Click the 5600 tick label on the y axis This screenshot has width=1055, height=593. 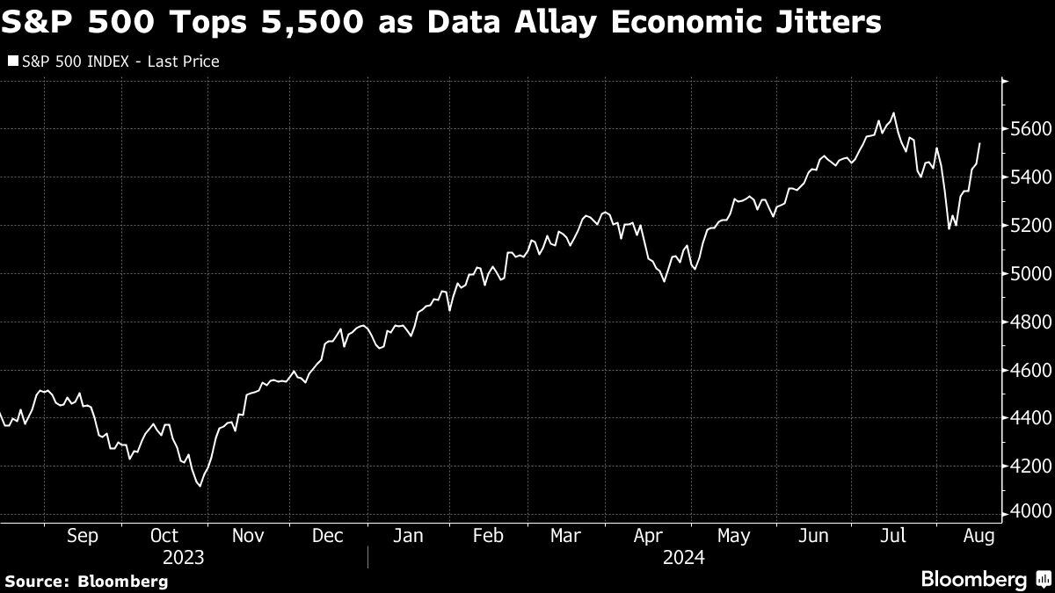click(x=1027, y=129)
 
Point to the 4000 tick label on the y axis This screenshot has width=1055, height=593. click(x=1027, y=512)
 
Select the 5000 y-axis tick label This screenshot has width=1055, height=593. click(x=1027, y=273)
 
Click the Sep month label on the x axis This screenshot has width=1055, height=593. click(x=82, y=535)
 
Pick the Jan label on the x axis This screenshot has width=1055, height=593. click(x=408, y=535)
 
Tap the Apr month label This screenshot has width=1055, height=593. click(x=649, y=535)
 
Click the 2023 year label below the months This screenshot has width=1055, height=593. click(x=184, y=557)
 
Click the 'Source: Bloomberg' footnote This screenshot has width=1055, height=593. click(x=86, y=581)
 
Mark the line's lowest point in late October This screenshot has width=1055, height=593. click(x=200, y=486)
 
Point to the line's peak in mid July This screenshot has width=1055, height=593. click(x=893, y=113)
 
